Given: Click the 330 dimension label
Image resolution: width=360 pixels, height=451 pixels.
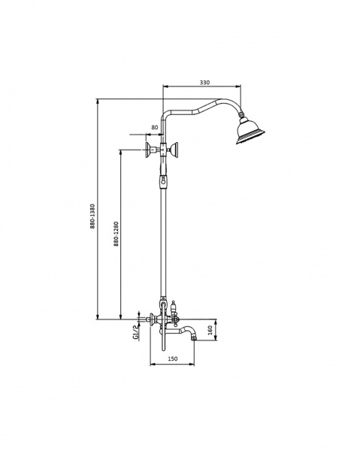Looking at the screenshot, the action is click(204, 82).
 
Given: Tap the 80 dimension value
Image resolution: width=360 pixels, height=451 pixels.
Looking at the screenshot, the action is click(155, 127).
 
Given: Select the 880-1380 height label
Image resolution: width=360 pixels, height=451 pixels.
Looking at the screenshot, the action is click(92, 216).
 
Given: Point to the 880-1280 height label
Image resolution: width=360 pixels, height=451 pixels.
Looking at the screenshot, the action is click(116, 234).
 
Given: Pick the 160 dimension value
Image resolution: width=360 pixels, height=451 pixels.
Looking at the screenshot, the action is click(210, 330).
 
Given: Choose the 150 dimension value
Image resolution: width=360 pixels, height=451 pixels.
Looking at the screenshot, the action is click(173, 359).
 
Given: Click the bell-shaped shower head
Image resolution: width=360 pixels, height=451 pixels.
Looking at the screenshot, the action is click(249, 131).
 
